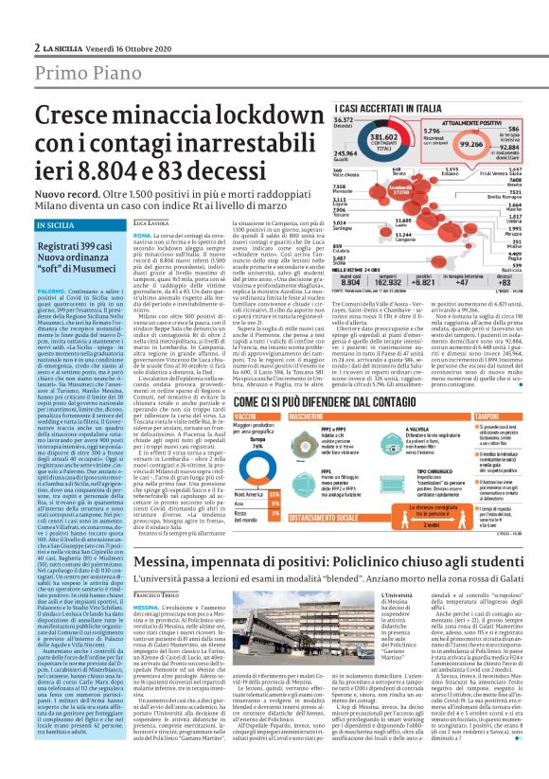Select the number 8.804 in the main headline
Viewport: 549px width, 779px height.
tap(74, 169)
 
